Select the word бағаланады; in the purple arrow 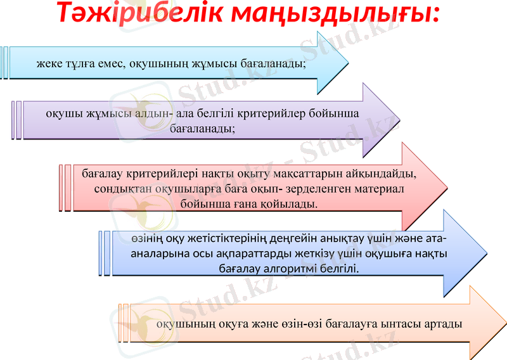click(x=203, y=128)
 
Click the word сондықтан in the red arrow click(x=120, y=188)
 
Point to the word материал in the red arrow click(x=375, y=188)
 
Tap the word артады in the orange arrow click(x=442, y=323)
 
